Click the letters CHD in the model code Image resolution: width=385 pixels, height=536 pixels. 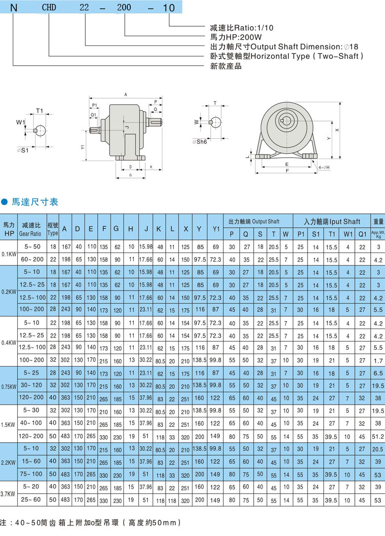coord(49,7)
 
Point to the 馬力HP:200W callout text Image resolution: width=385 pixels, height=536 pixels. coord(236,37)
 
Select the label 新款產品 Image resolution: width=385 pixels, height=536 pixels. coord(226,66)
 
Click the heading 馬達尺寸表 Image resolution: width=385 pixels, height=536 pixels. coord(35,202)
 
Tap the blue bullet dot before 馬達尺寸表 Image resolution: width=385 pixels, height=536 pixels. coord(4,202)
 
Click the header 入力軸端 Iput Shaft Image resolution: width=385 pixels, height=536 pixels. coord(332,222)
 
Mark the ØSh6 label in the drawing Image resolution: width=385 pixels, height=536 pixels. coord(199,141)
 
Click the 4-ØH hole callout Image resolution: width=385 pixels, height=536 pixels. coord(324,167)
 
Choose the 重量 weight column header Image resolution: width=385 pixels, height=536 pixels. coord(378,222)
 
